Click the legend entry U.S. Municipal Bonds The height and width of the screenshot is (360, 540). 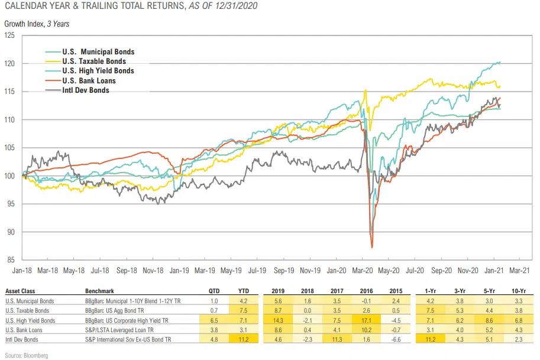click(98, 52)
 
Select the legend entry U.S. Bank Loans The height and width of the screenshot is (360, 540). click(89, 80)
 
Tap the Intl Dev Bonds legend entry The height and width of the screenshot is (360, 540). click(85, 90)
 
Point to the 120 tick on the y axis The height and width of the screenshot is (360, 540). click(11, 63)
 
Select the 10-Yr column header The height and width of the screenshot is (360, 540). click(519, 291)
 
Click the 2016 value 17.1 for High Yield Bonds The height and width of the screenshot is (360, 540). click(361, 320)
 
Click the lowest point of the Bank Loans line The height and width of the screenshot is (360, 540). click(371, 247)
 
